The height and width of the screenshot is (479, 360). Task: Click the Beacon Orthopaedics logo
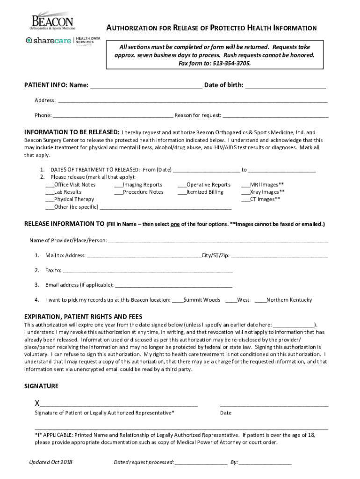click(x=51, y=21)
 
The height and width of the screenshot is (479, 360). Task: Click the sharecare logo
click(x=49, y=41)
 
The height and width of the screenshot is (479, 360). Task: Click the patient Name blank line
click(x=146, y=85)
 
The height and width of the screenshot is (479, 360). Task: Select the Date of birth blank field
click(x=285, y=85)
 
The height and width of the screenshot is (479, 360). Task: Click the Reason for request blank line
click(x=275, y=116)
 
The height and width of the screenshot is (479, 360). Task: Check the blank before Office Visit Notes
click(x=50, y=185)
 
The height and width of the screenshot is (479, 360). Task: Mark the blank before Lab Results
click(x=50, y=192)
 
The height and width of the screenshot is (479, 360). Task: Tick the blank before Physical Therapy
click(x=50, y=199)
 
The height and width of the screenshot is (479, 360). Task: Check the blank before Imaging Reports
click(x=118, y=185)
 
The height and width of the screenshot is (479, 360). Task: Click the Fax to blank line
click(x=147, y=270)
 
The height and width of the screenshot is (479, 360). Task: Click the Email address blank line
click(x=173, y=285)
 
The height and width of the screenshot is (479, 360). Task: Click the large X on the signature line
click(x=37, y=403)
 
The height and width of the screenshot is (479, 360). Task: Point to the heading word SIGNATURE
click(x=41, y=386)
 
